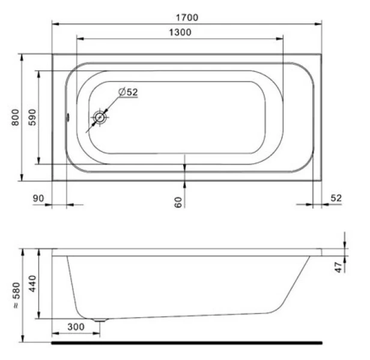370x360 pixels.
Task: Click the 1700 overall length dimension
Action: pos(187,17)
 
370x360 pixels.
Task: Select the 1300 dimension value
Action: pos(180,32)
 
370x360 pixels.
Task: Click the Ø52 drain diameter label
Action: pos(128,92)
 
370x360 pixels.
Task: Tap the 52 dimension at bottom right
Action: pos(336,199)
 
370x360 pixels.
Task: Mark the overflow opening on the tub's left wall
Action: pos(68,118)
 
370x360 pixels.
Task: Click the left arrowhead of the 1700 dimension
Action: pos(55,25)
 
